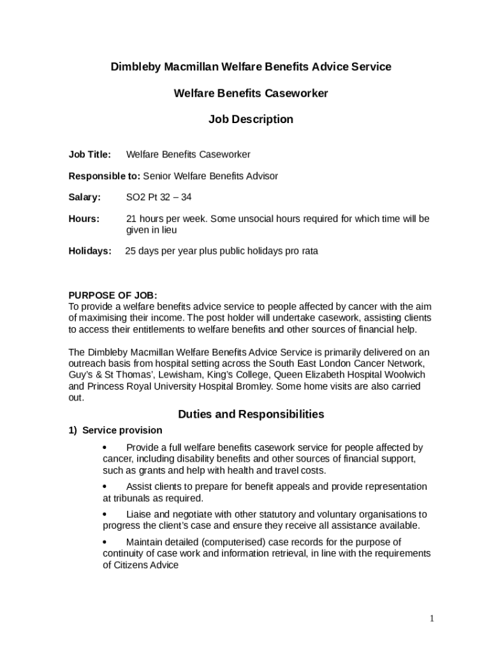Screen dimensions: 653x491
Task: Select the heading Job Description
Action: point(251,119)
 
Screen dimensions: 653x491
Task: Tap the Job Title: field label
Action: point(90,154)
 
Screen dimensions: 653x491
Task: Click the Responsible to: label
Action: point(104,176)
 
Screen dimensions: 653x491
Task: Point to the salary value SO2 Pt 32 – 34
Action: point(159,198)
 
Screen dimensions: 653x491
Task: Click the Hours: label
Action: point(84,219)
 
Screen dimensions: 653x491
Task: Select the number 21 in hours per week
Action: point(131,219)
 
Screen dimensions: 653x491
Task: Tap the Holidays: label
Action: point(90,251)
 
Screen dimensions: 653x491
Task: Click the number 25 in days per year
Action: point(130,251)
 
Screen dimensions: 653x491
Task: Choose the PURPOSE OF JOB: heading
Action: point(113,295)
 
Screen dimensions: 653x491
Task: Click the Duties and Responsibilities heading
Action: point(251,415)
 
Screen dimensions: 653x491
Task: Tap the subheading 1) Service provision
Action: point(115,430)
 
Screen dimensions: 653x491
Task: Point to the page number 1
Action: point(432,619)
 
